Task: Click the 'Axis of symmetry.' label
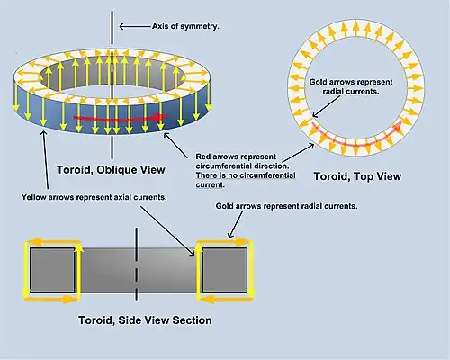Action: point(185,26)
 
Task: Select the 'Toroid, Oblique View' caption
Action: point(111,170)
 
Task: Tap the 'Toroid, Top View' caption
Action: point(357,176)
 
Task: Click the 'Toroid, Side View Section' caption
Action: point(145,320)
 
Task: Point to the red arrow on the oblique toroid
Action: point(120,118)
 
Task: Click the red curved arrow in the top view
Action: point(356,140)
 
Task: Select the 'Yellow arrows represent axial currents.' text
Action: point(94,197)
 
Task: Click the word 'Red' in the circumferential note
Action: point(202,157)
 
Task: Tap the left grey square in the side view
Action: point(52,270)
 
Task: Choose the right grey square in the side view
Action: point(225,270)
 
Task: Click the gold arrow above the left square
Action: point(53,241)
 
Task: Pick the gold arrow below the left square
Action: point(51,299)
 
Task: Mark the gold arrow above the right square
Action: point(224,241)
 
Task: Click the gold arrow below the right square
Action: point(226,299)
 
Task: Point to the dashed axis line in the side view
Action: point(137,264)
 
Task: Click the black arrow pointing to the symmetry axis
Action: point(135,27)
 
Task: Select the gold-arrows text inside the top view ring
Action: point(351,86)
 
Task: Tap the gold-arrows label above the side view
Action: point(286,206)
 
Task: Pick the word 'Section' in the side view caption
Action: point(192,320)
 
